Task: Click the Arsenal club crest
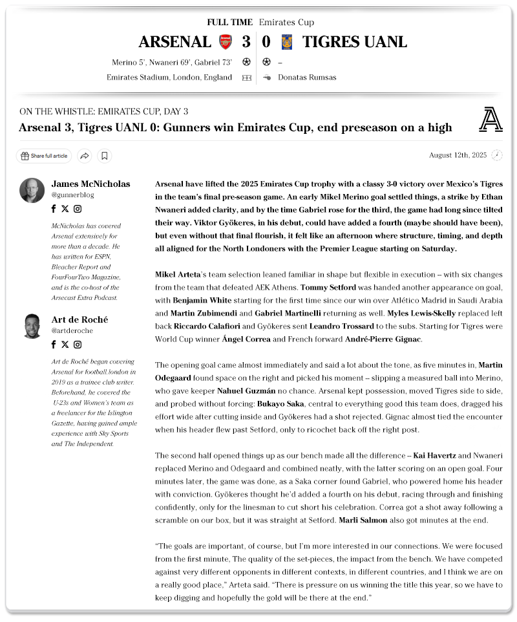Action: (x=225, y=42)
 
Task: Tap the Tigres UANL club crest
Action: (x=287, y=42)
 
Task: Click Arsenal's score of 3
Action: (x=246, y=42)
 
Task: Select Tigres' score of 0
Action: (x=266, y=42)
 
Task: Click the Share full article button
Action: (x=44, y=156)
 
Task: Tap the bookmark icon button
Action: (x=105, y=156)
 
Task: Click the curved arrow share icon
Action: (x=84, y=156)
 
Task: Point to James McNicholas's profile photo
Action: (x=32, y=190)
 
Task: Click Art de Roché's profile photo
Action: (x=32, y=326)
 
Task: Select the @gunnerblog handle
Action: (x=72, y=195)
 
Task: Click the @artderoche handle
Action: (x=72, y=330)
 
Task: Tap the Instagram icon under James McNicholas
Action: (x=78, y=209)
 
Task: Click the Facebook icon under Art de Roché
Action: (x=54, y=345)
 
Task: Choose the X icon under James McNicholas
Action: (x=65, y=209)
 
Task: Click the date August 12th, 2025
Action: (x=458, y=155)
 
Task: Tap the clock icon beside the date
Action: (x=496, y=155)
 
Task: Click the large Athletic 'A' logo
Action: (x=491, y=120)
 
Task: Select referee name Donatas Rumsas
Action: (x=307, y=78)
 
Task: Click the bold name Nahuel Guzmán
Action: (x=246, y=391)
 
